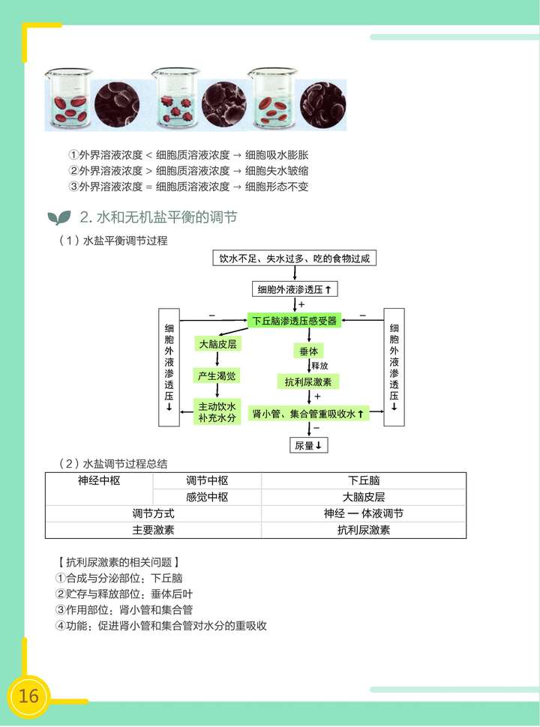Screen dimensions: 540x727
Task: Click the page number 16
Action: (28, 696)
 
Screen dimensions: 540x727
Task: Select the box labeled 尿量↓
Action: (309, 445)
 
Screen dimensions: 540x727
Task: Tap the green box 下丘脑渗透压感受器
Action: (295, 321)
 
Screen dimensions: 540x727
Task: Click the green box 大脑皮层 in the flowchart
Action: (217, 344)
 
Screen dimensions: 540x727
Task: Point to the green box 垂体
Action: (309, 351)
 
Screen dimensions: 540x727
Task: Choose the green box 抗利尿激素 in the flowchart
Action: (309, 381)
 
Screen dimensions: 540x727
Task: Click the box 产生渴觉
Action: (217, 375)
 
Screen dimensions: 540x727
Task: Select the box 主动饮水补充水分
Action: (217, 411)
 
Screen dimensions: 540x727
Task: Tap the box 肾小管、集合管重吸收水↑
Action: (308, 413)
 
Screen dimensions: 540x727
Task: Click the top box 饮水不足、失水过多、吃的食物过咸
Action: (293, 259)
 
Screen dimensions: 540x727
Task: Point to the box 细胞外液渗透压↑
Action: (294, 289)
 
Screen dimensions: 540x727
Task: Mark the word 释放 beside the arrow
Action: (320, 366)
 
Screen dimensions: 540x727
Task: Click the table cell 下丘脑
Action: (364, 480)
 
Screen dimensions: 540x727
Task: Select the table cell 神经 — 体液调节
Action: (364, 513)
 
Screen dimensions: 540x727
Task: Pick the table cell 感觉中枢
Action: (207, 497)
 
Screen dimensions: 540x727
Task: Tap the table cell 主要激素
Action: (153, 530)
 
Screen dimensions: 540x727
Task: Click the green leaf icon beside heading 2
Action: (58, 218)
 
